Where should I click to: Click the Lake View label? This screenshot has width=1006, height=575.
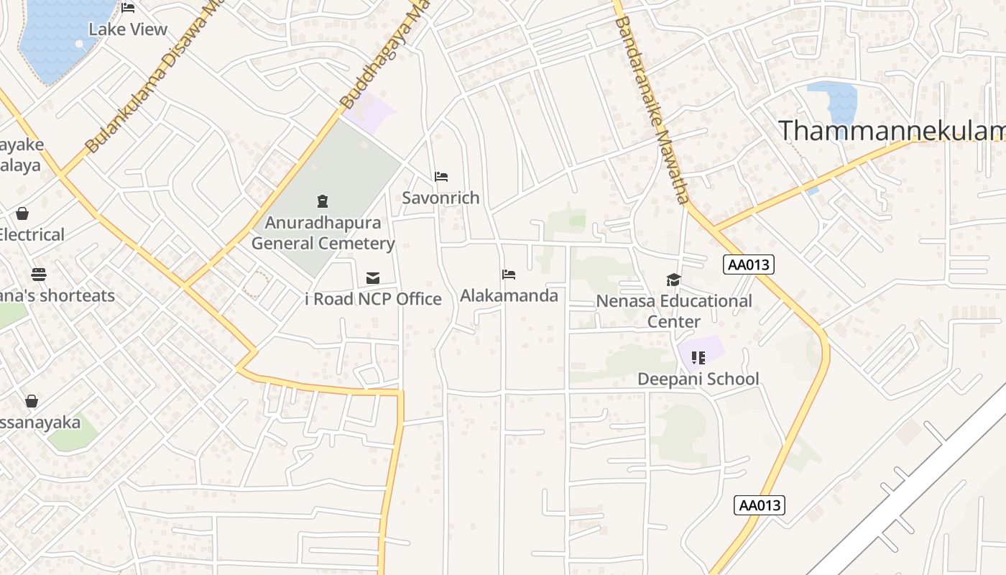pos(128,29)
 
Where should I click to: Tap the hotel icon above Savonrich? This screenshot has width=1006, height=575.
pos(441,177)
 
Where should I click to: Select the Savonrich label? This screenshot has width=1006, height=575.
pos(440,198)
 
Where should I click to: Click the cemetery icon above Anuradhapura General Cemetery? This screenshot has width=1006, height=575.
pos(323,201)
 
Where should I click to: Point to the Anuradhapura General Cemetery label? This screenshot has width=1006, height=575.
pos(323,233)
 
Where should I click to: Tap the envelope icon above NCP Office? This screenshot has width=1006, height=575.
pos(373,278)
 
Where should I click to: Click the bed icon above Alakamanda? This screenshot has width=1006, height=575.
pos(509,275)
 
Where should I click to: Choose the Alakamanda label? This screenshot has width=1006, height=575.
pos(509,295)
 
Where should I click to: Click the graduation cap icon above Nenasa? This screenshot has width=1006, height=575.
pos(673,280)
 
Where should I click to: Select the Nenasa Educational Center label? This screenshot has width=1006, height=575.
pos(674,310)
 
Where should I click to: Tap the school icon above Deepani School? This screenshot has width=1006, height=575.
pos(698,357)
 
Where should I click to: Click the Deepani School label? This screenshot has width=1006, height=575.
pos(698,379)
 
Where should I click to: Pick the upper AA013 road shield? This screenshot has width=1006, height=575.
pos(748,264)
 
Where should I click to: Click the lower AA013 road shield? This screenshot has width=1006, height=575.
pos(760,505)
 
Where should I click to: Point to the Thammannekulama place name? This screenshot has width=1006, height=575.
pos(891,131)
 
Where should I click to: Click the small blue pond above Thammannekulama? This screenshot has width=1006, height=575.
pos(834,97)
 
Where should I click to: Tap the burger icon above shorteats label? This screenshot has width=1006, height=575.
pos(39,275)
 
